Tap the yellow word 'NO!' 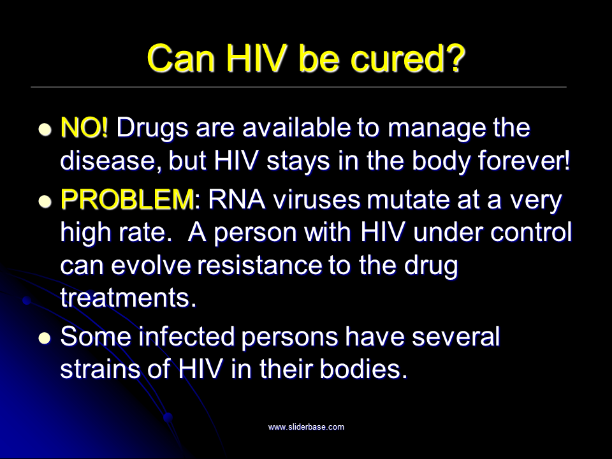coord(84,128)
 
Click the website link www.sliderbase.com coord(306,427)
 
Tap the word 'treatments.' coord(128,298)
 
